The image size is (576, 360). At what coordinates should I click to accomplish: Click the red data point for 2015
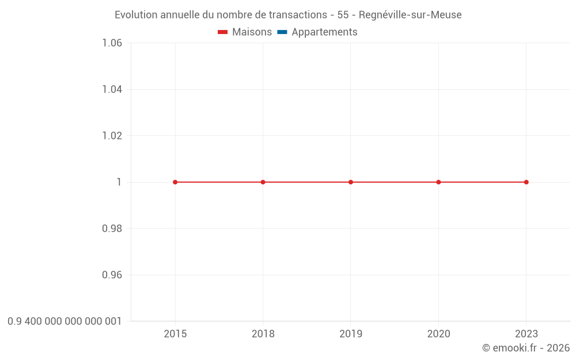pyautogui.click(x=175, y=182)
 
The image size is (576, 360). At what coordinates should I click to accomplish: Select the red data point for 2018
pyautogui.click(x=263, y=182)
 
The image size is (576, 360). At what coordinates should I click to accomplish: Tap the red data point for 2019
pyautogui.click(x=351, y=182)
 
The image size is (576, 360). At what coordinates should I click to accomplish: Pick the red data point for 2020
pyautogui.click(x=438, y=182)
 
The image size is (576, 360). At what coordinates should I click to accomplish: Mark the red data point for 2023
pyautogui.click(x=526, y=182)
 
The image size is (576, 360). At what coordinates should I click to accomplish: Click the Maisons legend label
pyautogui.click(x=252, y=32)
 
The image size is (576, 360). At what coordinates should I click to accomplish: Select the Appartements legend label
pyautogui.click(x=324, y=32)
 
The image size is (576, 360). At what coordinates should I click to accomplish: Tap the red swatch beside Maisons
pyautogui.click(x=223, y=32)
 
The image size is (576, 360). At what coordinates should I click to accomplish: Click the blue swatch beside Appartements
pyautogui.click(x=282, y=32)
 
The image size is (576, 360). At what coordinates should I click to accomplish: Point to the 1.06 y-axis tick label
pyautogui.click(x=112, y=43)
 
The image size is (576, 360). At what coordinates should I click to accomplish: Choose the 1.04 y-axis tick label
pyautogui.click(x=112, y=89)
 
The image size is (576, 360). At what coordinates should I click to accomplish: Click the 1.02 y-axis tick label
pyautogui.click(x=112, y=136)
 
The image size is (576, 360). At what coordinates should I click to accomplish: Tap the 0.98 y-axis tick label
pyautogui.click(x=112, y=229)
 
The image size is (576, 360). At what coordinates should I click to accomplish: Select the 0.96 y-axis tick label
pyautogui.click(x=112, y=275)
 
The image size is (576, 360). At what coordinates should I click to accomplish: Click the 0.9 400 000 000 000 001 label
pyautogui.click(x=65, y=321)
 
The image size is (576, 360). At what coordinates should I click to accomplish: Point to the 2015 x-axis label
pyautogui.click(x=175, y=334)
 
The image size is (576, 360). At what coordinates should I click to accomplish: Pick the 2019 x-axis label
pyautogui.click(x=351, y=334)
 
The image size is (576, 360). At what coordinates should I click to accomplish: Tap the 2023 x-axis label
pyautogui.click(x=526, y=334)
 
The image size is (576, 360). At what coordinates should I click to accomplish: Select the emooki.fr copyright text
pyautogui.click(x=526, y=348)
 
